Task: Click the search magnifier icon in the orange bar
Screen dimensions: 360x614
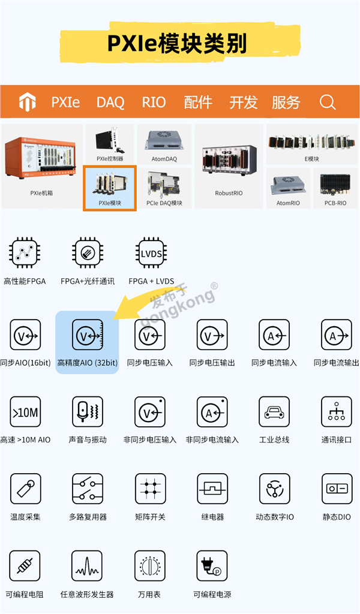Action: (328, 103)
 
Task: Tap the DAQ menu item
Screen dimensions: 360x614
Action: (110, 103)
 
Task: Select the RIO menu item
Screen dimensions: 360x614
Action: (154, 103)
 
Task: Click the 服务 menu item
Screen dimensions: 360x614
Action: (286, 103)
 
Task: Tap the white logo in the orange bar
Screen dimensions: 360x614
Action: (28, 102)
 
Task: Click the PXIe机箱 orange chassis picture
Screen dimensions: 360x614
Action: (41, 158)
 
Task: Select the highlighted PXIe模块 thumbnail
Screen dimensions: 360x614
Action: (110, 188)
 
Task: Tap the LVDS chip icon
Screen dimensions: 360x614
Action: (151, 254)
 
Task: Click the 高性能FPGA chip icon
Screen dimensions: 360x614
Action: (25, 254)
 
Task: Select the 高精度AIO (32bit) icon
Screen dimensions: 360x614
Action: (88, 335)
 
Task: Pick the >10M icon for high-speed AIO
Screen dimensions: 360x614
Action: (25, 413)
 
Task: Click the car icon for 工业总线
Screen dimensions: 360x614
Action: (274, 413)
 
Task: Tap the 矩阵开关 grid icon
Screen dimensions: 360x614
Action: (150, 489)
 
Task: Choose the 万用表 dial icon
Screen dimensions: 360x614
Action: (150, 566)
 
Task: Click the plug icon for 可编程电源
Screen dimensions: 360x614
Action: (212, 566)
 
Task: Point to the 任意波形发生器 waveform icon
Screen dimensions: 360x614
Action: (87, 566)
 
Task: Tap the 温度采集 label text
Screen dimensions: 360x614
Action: (25, 517)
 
